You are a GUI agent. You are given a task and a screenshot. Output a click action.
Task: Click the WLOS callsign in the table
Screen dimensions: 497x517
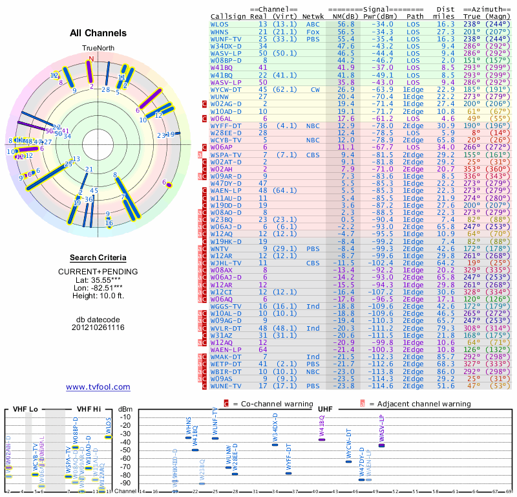click(220, 24)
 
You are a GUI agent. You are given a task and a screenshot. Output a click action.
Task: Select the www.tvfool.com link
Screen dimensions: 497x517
click(98, 387)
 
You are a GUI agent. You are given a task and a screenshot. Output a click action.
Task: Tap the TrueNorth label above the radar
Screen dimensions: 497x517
click(97, 49)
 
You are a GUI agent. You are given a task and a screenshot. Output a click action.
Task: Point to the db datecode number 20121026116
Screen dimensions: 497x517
click(98, 327)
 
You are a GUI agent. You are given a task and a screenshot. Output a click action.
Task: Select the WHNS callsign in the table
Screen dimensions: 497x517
click(220, 31)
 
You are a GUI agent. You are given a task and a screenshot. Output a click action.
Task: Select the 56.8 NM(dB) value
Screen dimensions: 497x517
click(346, 24)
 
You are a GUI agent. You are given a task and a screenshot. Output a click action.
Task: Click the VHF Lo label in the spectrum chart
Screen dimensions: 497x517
click(25, 409)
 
